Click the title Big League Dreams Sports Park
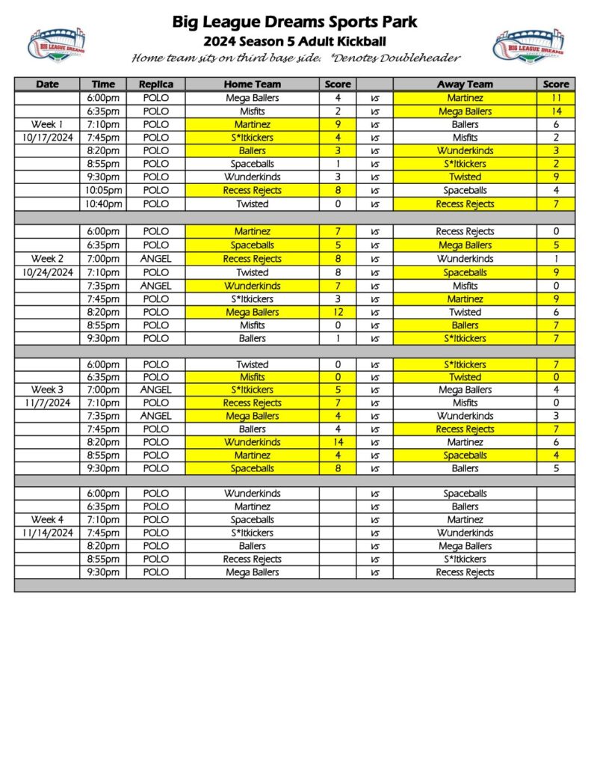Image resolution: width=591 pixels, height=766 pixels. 295,22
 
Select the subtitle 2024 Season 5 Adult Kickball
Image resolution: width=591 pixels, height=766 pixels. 295,40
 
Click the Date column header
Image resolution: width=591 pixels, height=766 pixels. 47,84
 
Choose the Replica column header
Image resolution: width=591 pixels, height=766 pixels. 155,84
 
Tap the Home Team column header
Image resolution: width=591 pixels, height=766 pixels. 253,84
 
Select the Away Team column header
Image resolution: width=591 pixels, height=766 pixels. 465,84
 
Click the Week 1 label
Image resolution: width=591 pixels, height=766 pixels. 47,124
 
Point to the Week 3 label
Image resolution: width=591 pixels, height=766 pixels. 47,390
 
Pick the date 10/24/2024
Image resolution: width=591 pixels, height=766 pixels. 47,272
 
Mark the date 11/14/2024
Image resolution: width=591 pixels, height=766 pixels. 47,533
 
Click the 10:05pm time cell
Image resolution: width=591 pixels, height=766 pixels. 103,190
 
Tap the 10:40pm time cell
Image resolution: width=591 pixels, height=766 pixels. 103,203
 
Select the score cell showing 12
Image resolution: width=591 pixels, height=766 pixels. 338,312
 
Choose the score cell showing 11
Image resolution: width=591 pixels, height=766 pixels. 556,98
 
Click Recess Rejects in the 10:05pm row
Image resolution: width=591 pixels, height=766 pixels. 253,190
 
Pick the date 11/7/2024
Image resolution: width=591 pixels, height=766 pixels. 47,402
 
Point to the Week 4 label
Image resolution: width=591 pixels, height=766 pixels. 47,519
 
